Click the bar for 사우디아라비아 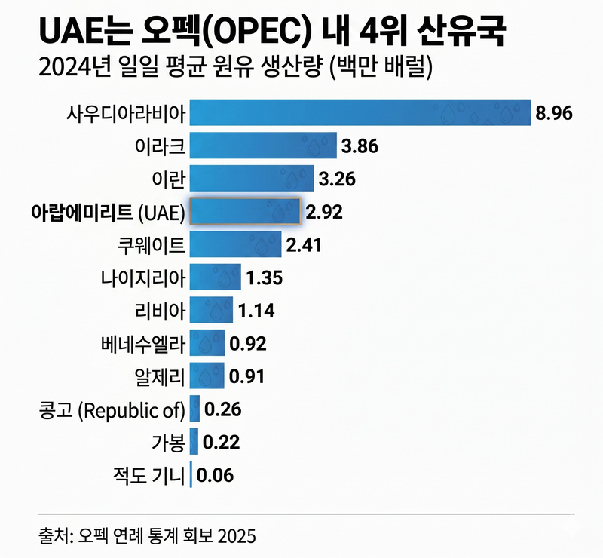coord(360,114)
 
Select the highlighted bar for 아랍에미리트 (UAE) coord(245,212)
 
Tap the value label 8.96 coord(555,114)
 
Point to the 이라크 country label coord(166,146)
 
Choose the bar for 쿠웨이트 coord(235,244)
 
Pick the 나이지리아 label coord(142,277)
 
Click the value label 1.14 coord(256,310)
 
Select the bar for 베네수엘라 coord(207,344)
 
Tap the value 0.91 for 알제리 coord(247,376)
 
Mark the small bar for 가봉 coord(194,442)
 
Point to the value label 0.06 coord(216,475)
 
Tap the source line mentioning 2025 coord(147,536)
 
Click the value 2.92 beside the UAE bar coord(324,212)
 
